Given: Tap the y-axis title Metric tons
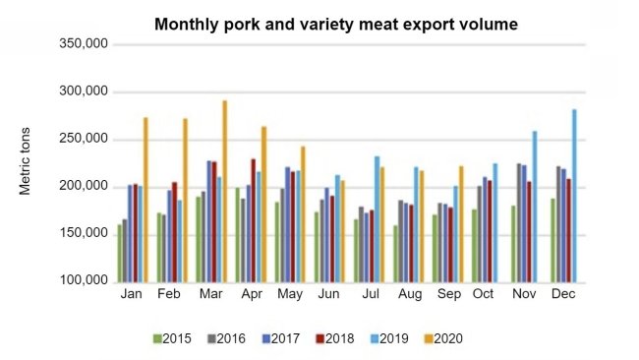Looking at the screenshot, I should pos(29,161).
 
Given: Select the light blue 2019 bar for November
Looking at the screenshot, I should pos(535,206).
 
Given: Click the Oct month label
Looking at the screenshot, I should pos(482,295).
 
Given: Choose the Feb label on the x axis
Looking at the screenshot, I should pos(169,295).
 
